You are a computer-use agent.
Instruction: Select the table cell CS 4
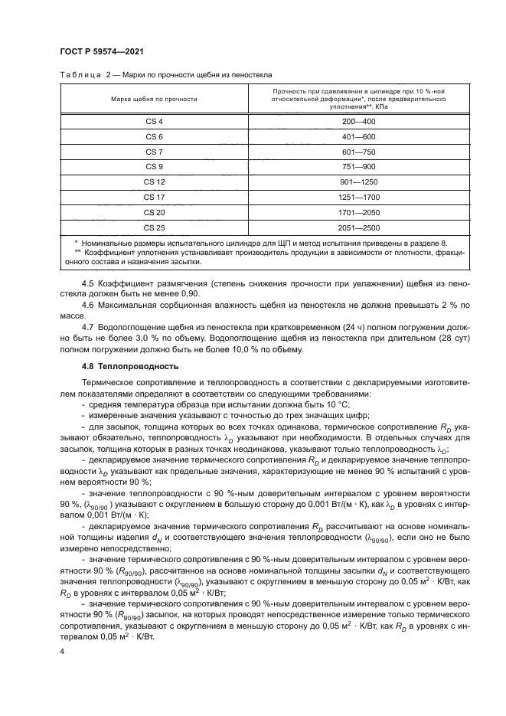click(154, 122)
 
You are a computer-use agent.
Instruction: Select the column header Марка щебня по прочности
click(154, 100)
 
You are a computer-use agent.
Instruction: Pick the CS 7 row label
click(154, 152)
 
